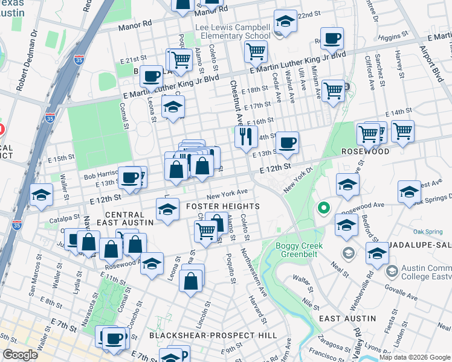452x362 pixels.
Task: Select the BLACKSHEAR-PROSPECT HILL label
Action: [x=213, y=335]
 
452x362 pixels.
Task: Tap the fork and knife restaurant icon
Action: [x=245, y=136]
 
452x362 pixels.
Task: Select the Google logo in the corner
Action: [x=20, y=355]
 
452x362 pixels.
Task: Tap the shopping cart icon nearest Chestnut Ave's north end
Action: [x=256, y=52]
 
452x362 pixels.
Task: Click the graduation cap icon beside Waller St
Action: [x=41, y=195]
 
